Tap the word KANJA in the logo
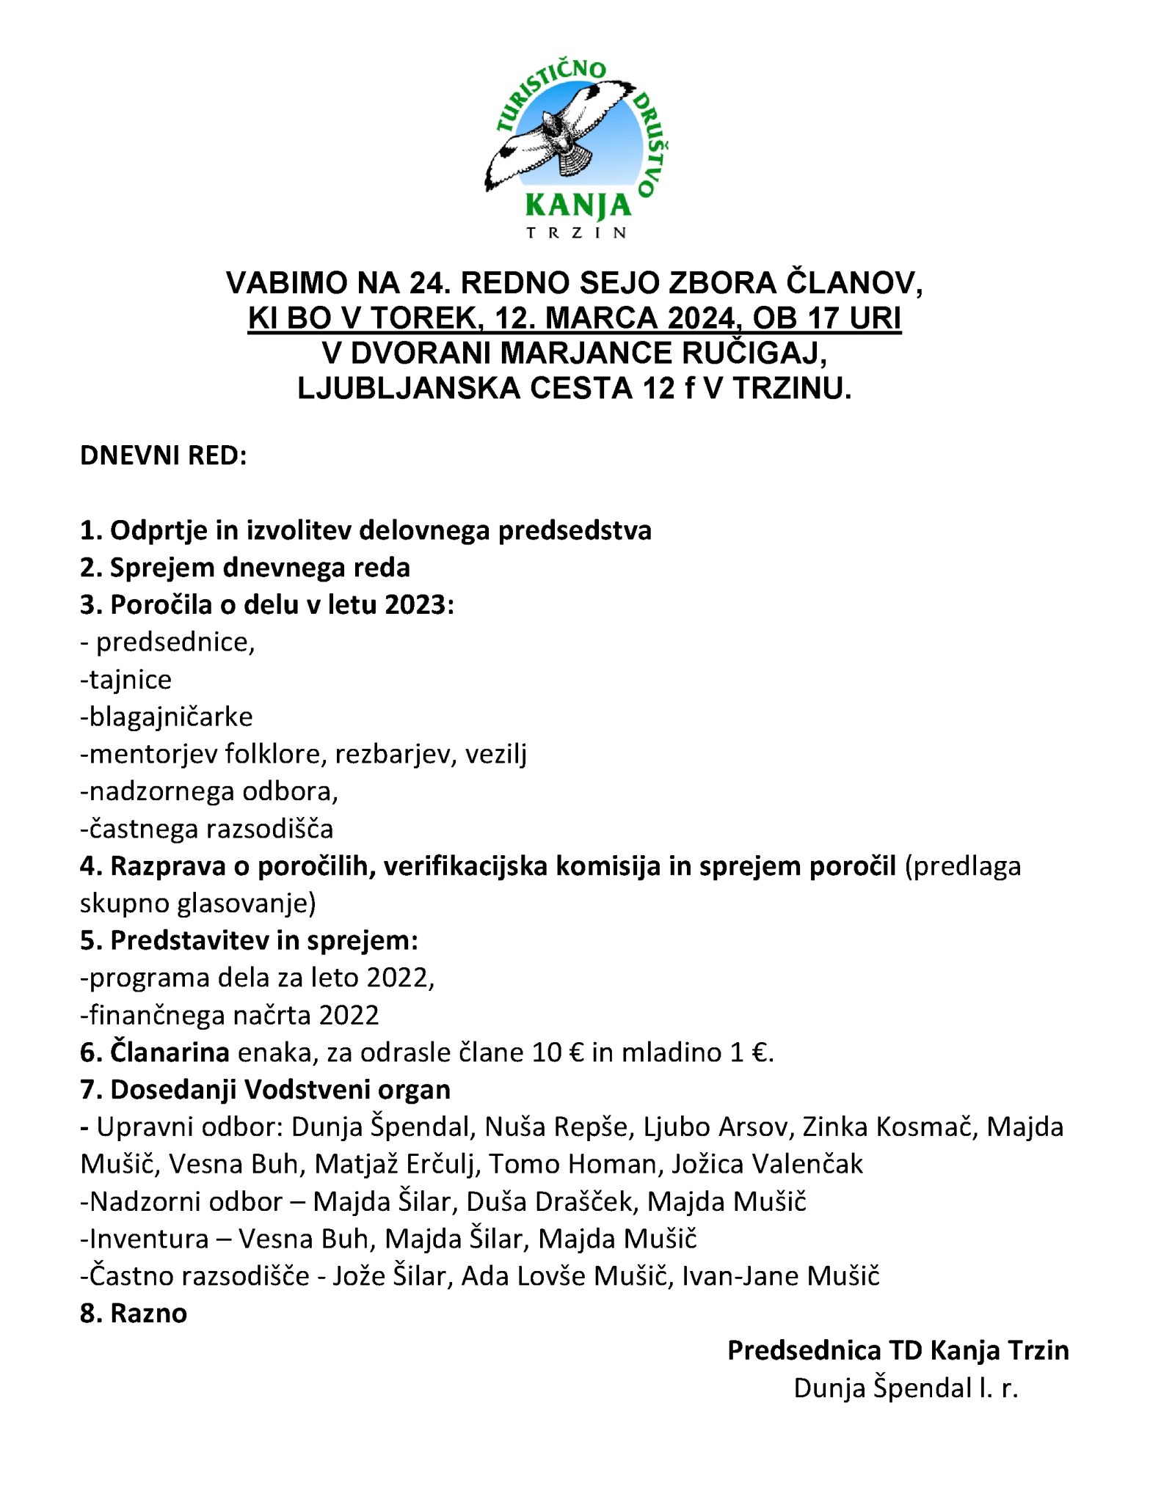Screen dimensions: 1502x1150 [x=578, y=207]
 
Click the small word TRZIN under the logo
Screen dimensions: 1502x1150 [x=577, y=233]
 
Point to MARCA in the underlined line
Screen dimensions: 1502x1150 [x=591, y=318]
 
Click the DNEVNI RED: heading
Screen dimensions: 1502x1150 [x=164, y=455]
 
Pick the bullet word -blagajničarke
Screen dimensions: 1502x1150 [x=167, y=717]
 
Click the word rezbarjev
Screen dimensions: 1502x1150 [x=392, y=754]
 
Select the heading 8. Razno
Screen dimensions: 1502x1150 [x=134, y=1314]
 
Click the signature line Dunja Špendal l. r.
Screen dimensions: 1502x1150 [x=906, y=1388]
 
